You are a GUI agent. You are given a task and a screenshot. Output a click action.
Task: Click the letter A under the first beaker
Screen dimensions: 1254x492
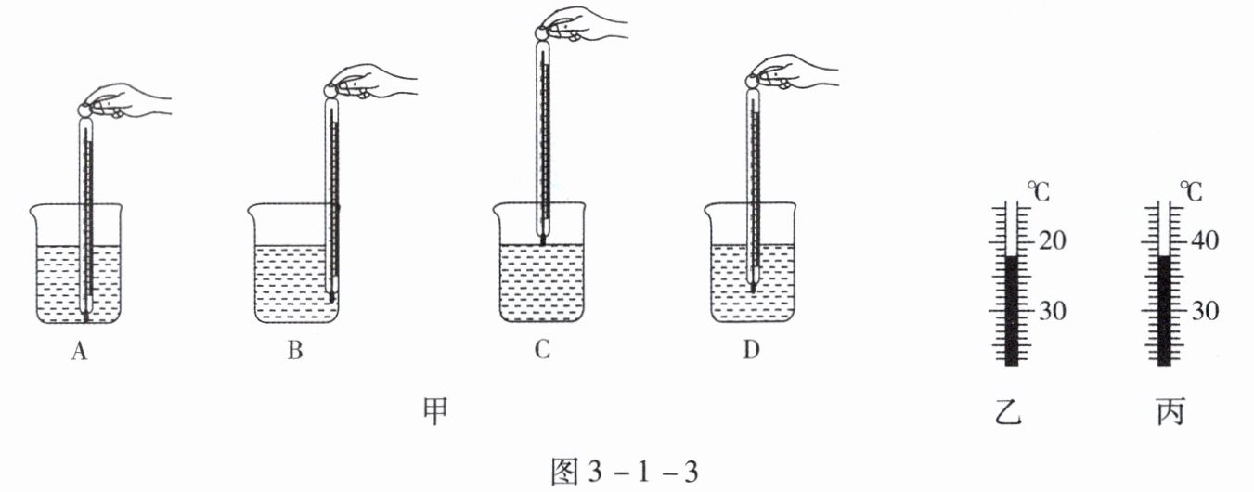81,352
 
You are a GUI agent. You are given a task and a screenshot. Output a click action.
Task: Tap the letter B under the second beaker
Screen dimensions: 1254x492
295,352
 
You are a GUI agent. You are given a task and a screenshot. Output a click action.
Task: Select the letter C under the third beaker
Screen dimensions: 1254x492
543,351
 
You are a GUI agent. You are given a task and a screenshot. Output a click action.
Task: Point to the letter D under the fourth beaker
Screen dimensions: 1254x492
753,351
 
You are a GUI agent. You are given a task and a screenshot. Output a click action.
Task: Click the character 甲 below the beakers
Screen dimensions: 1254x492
434,409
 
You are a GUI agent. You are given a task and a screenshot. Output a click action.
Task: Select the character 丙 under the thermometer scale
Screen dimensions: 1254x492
1170,410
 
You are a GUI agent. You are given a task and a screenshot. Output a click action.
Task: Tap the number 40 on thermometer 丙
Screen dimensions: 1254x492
1205,240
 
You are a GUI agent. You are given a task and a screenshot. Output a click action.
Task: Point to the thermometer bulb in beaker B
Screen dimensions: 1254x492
331,296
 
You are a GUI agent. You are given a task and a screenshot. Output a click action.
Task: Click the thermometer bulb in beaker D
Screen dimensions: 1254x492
753,287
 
